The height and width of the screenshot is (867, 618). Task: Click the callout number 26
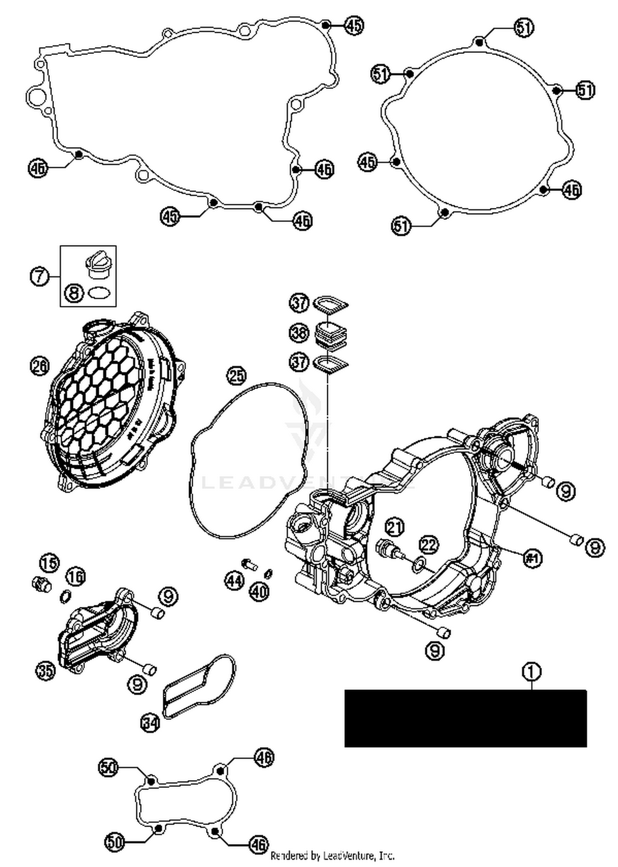point(40,366)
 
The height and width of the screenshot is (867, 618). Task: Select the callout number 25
point(236,376)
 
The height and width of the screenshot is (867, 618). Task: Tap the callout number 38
point(299,332)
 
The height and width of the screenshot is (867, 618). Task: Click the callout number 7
point(40,276)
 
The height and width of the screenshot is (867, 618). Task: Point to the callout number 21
point(395,527)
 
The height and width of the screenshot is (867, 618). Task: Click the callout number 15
point(49,563)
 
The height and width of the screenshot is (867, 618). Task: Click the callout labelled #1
point(532,558)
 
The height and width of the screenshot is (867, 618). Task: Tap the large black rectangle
point(465,718)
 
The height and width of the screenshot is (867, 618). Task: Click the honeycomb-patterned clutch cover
point(111,406)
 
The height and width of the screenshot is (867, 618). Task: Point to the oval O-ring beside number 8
point(99,294)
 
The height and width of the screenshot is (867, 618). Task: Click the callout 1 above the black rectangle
point(531,672)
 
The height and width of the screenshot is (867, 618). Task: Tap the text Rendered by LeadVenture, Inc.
point(332,856)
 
